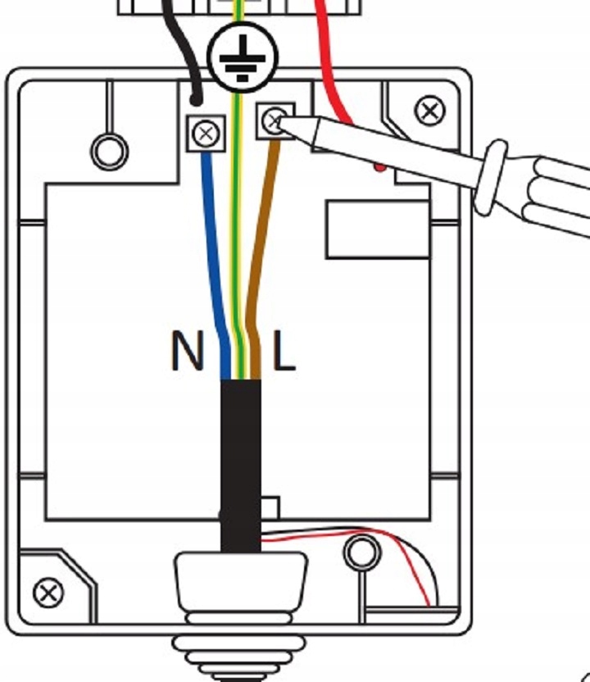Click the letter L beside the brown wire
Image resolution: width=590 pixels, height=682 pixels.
pos(284,351)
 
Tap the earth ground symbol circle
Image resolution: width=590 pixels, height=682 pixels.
pos(243,58)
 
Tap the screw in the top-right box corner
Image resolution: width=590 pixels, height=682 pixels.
pos(429,111)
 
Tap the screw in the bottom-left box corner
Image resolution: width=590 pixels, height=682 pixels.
pos(49,591)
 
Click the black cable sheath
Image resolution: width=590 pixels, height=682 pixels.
pos(240,459)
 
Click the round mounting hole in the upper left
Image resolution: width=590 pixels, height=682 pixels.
pos(109,151)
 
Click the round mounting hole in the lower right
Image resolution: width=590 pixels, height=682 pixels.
pos(361,552)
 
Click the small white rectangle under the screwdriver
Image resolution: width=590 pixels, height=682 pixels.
pos(377,230)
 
